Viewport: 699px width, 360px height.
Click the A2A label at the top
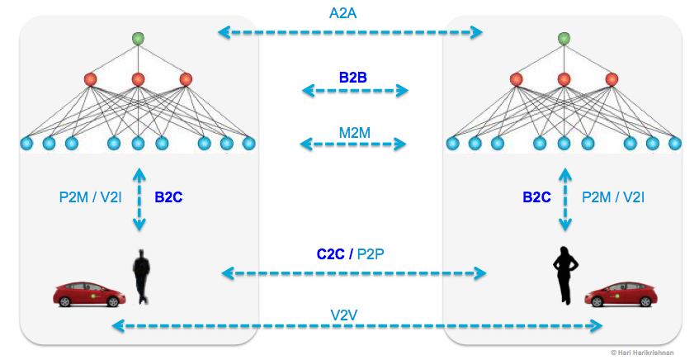(x=350, y=13)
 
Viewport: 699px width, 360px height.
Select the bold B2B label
(x=353, y=78)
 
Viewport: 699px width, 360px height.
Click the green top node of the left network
(x=138, y=38)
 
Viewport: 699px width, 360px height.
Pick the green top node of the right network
(x=564, y=38)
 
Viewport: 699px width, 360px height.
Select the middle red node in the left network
(x=138, y=79)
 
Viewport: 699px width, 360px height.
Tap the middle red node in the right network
(x=564, y=79)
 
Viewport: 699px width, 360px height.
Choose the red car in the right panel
(x=621, y=293)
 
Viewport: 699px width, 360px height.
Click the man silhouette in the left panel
(x=143, y=277)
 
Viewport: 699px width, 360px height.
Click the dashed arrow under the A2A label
(x=350, y=33)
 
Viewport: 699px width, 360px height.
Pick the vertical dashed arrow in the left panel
(x=139, y=199)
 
